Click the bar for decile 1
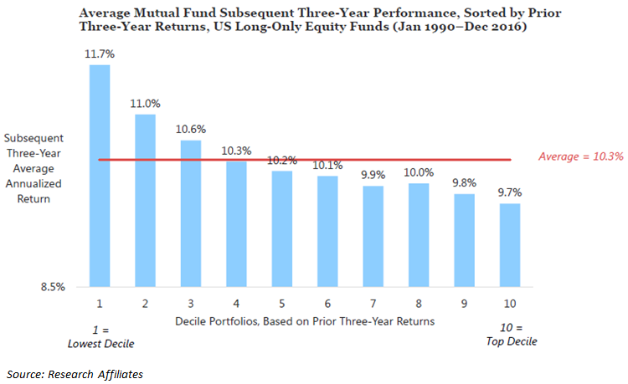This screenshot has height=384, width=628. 100,176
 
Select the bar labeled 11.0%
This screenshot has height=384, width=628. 145,201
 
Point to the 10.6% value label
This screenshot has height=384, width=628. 191,130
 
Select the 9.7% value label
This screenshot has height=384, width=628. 510,193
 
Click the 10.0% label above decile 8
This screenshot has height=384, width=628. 419,173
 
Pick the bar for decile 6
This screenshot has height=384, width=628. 327,231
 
